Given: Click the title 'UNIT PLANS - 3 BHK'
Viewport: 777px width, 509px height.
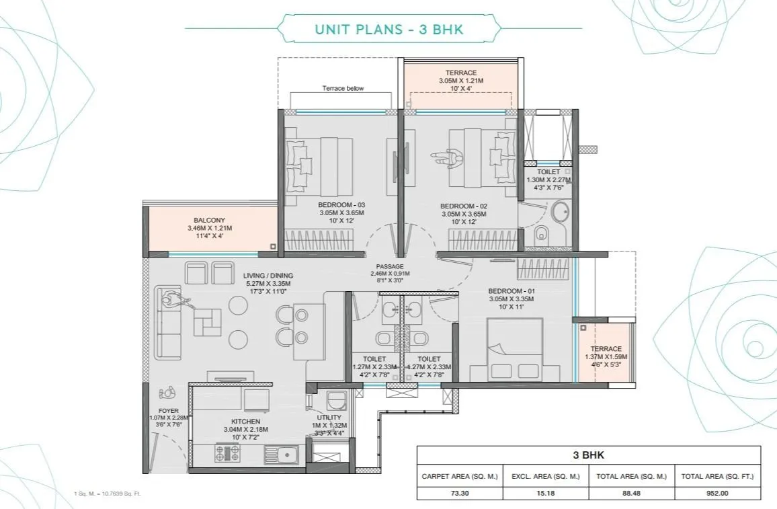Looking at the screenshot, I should coord(388,29).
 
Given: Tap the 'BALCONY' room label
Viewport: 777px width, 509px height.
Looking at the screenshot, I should coord(209,220).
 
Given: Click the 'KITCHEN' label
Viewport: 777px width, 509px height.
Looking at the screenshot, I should coord(246,421).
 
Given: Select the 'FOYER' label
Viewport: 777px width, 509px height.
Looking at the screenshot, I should coord(169,410).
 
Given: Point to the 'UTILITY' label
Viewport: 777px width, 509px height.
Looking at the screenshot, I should coord(329,418).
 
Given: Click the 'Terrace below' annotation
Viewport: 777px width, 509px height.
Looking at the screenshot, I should coord(342,88).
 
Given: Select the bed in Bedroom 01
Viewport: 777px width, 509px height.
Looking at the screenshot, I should coord(514,350).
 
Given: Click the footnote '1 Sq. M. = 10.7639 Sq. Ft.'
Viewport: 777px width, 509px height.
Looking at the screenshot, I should coord(108,494).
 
